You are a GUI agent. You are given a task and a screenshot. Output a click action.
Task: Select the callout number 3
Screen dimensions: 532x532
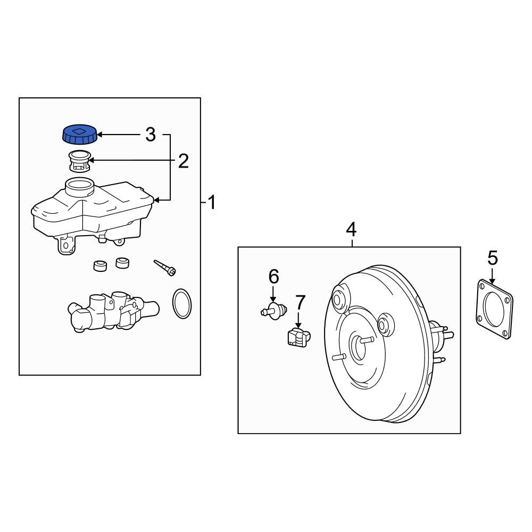click(151, 135)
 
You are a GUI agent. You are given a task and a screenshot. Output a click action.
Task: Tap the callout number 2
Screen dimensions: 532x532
click(183, 161)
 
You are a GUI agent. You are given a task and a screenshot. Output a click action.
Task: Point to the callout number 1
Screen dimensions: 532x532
click(212, 202)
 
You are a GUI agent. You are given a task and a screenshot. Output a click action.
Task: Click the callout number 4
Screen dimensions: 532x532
click(351, 230)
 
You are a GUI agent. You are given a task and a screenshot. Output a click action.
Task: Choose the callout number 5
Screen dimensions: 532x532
click(493, 258)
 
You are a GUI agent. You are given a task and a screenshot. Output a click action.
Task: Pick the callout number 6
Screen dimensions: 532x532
click(273, 277)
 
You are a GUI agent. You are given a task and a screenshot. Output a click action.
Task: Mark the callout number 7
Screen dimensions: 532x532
click(301, 302)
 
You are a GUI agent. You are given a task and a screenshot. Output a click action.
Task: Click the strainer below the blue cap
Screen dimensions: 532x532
click(80, 161)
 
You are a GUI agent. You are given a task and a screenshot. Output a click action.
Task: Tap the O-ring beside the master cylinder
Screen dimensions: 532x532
click(181, 304)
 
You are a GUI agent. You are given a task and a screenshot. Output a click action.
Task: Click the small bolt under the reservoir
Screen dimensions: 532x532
click(165, 268)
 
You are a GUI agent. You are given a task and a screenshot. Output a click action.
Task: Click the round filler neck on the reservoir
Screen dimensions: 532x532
click(79, 187)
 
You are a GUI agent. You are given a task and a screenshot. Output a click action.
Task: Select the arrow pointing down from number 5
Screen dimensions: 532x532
click(493, 275)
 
